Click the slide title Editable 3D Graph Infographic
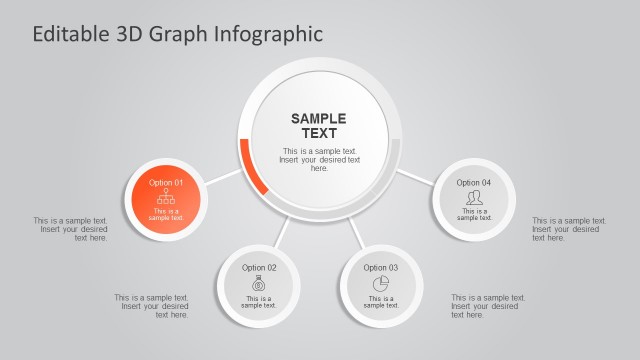(178, 33)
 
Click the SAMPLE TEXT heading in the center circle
(319, 126)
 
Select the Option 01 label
(166, 183)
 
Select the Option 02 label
(259, 268)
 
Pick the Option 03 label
(380, 268)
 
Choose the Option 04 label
(474, 183)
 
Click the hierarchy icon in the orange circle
(166, 197)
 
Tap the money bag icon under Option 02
(259, 284)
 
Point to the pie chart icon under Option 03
(380, 284)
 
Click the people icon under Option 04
(474, 198)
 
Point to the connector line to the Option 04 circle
(415, 178)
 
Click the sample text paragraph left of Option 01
(71, 229)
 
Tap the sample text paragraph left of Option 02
(152, 306)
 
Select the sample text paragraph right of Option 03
(487, 306)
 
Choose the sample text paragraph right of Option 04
(568, 229)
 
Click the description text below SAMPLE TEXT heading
(319, 160)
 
